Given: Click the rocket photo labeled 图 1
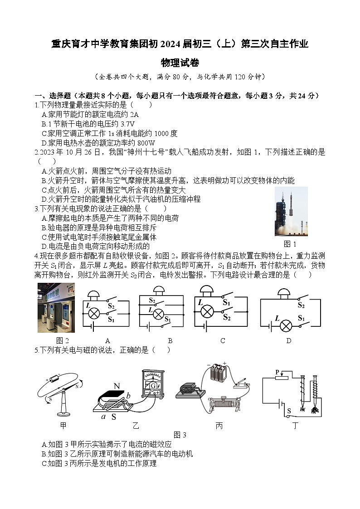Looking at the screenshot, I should coord(291,211).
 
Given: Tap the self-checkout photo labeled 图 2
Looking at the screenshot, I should coord(56,308).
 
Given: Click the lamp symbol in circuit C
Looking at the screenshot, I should coord(207,311).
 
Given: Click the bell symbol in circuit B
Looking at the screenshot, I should coord(158,290).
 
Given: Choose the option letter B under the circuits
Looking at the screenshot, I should coord(170,341).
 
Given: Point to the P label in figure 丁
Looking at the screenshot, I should coord(277,373).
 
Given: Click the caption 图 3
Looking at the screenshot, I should coord(180,435).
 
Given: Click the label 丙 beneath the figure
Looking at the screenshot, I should coord(219,426).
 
